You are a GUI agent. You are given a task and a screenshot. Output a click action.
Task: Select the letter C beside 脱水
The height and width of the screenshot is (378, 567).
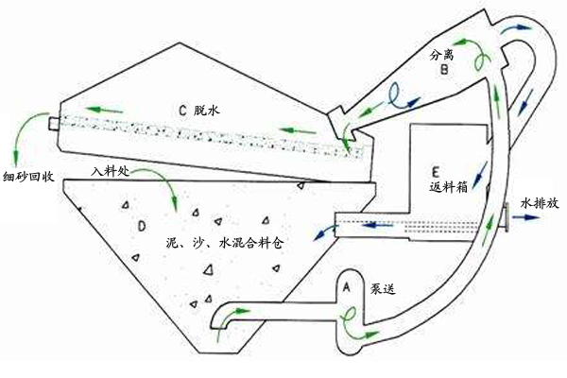click(183, 109)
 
